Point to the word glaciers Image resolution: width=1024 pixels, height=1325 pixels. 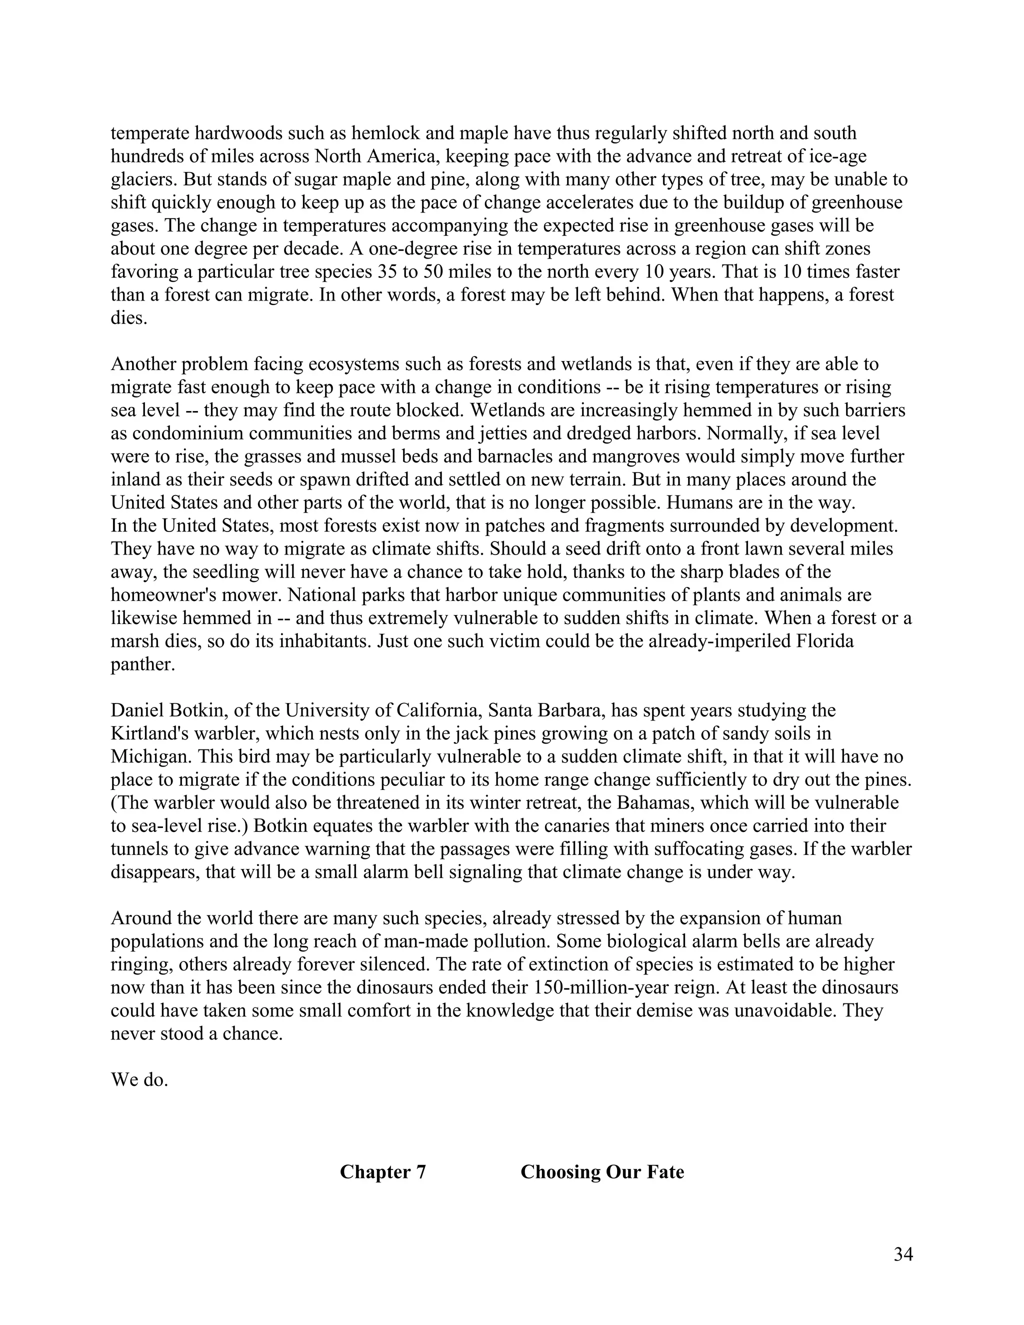142,179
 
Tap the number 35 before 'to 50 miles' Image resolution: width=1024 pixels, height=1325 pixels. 386,272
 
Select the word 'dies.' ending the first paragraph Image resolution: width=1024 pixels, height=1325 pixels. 128,318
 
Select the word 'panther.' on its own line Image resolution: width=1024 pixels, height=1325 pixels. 142,664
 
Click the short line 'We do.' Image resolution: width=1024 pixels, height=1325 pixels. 139,1079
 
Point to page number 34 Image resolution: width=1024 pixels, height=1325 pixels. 902,1254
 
